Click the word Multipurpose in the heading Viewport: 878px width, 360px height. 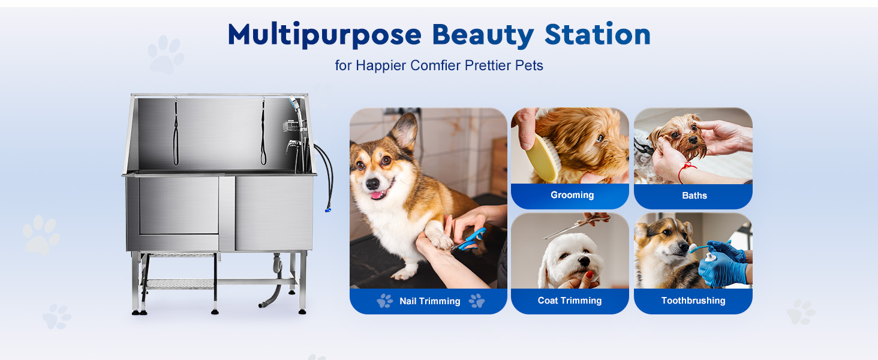click(x=324, y=35)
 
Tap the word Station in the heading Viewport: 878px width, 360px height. click(x=598, y=34)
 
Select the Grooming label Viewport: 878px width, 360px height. click(x=572, y=195)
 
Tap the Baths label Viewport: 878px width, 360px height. click(x=694, y=195)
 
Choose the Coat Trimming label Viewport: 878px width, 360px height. click(x=570, y=301)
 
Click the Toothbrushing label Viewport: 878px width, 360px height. click(x=693, y=301)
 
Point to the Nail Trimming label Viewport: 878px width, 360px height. click(x=430, y=301)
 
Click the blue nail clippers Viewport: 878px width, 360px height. click(x=469, y=240)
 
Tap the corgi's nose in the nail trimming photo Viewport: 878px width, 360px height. click(x=372, y=184)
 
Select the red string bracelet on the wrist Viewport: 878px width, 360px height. click(x=685, y=171)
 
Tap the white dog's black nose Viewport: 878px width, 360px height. click(x=584, y=261)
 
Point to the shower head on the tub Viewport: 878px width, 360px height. click(x=294, y=103)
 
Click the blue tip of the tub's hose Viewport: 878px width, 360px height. click(x=328, y=210)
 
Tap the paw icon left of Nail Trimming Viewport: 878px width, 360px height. click(x=384, y=301)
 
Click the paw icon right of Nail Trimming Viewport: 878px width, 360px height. click(x=477, y=301)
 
